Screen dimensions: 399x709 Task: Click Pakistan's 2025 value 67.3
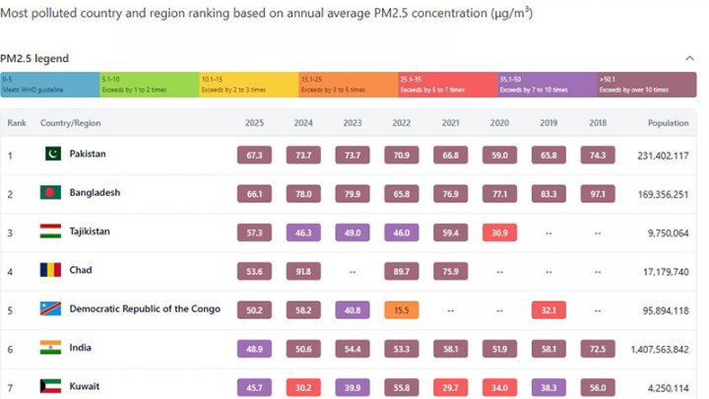point(254,156)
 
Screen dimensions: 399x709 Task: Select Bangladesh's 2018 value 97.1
point(598,193)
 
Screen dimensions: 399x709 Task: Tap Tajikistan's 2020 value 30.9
point(499,232)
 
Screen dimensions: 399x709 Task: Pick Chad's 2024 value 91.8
point(303,271)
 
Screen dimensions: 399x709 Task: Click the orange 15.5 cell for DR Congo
point(401,309)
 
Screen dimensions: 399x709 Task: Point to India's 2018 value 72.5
point(598,348)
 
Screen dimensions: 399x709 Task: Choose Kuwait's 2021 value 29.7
point(450,386)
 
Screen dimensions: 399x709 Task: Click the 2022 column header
point(401,123)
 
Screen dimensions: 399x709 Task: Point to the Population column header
point(668,123)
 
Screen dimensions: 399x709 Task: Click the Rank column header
point(17,123)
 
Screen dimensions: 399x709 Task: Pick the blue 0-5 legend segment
point(49,85)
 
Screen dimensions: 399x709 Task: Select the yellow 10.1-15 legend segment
point(248,85)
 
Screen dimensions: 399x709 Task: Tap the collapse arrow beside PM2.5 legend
point(689,58)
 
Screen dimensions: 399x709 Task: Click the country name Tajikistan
point(90,232)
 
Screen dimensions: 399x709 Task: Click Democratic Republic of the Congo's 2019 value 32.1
point(548,309)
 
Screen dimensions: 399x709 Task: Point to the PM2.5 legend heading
point(34,59)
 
